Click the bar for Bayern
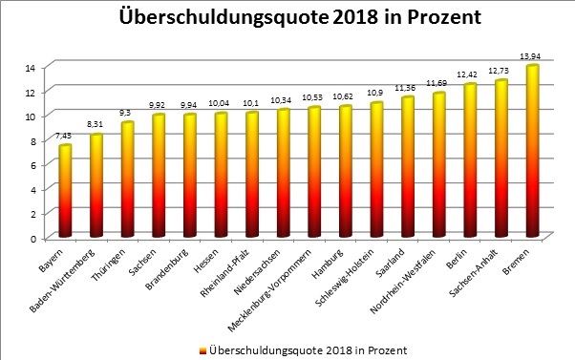click(65, 191)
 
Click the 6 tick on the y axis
click(32, 165)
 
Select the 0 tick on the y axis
click(32, 238)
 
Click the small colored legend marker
click(201, 350)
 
